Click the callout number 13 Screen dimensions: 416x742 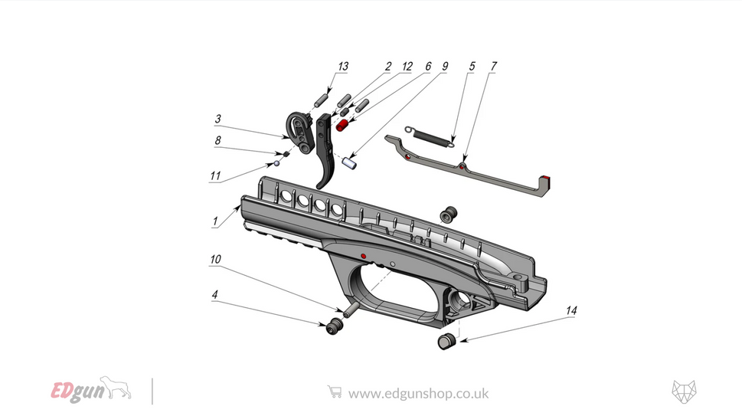pos(343,67)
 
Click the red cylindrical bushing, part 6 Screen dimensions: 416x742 pos(342,123)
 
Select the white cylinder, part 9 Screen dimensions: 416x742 pos(351,163)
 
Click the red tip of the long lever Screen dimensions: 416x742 pos(546,182)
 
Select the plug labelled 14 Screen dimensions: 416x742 pos(446,342)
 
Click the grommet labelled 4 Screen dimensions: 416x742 pos(333,328)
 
